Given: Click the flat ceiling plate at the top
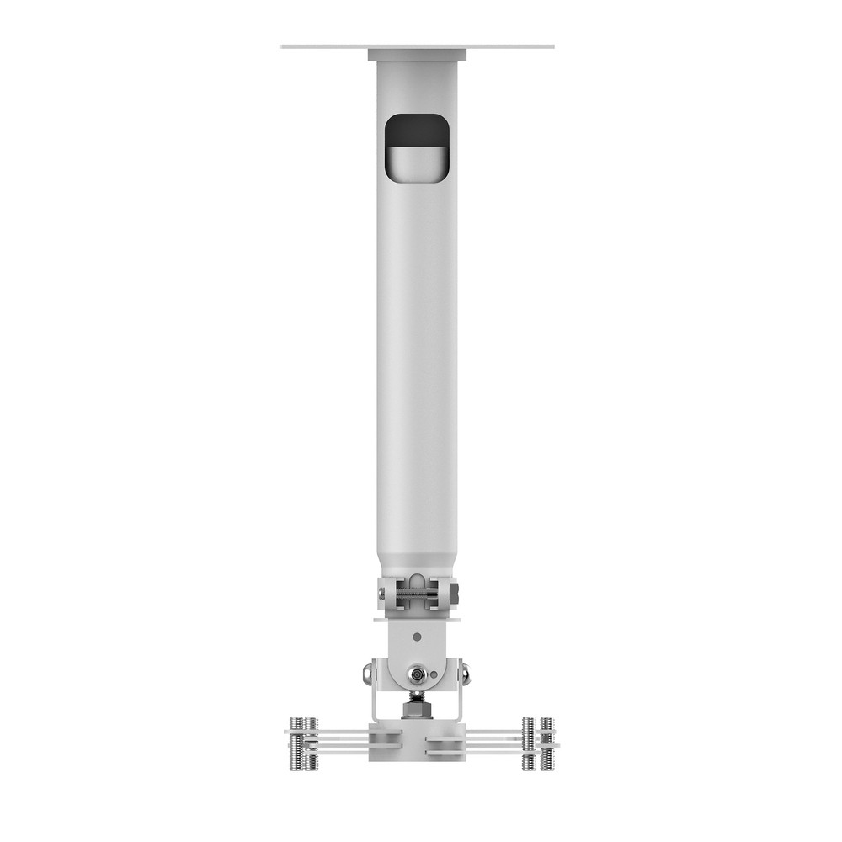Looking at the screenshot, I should click(417, 45).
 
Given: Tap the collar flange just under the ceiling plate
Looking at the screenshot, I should click(417, 56).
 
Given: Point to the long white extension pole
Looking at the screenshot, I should click(417, 354).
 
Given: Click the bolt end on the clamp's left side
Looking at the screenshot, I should click(381, 594).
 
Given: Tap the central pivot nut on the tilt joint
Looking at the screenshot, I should click(416, 674).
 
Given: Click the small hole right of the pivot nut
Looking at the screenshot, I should click(434, 674).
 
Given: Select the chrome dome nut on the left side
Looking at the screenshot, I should click(369, 673).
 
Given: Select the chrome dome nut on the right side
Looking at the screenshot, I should click(464, 673).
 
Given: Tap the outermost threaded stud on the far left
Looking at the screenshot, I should click(296, 743).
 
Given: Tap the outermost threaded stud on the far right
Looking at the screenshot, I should click(547, 743).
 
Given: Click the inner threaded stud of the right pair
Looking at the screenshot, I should click(528, 743).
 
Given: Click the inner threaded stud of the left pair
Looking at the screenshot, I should click(311, 743).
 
